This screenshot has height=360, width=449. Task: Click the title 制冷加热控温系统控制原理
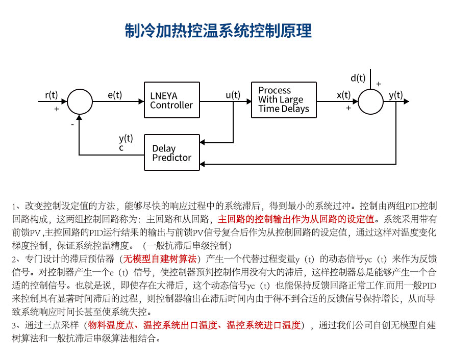click(218, 31)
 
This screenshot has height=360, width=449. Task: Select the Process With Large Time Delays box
click(284, 100)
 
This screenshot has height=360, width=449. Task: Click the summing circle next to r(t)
click(80, 101)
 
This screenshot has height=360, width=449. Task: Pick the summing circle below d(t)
click(371, 101)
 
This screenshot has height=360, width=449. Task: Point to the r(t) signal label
click(52, 94)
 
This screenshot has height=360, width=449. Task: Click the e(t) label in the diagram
click(115, 94)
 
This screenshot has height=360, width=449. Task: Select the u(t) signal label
click(233, 94)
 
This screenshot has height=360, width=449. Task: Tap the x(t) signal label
click(344, 94)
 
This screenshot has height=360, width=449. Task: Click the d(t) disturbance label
click(358, 78)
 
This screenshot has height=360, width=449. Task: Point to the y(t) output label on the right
click(395, 94)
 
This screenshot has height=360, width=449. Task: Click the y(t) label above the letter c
click(126, 138)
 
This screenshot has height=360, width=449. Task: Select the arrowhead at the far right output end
click(406, 101)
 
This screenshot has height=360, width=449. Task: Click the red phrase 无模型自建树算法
click(160, 259)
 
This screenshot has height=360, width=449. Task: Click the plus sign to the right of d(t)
click(379, 84)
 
